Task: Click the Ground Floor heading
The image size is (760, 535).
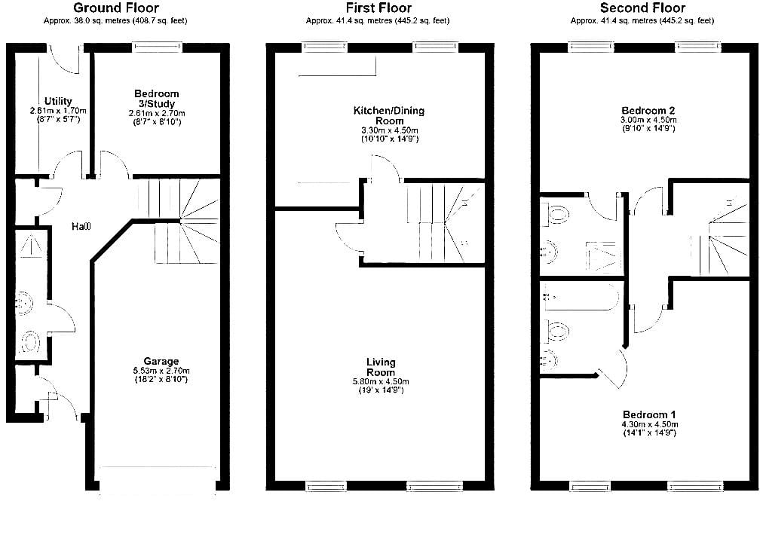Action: pos(115,8)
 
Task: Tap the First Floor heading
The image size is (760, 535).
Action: pos(378,8)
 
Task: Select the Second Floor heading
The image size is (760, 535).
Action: pos(642,8)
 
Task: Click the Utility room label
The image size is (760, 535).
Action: pos(58,101)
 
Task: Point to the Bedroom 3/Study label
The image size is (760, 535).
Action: pos(157,99)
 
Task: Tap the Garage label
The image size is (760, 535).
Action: pos(161,361)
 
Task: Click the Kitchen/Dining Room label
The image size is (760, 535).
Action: pos(389,115)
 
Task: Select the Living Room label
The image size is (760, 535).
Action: pos(381,367)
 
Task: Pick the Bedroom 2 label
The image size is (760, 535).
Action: pos(648,111)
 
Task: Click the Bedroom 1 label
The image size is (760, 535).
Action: pos(649,415)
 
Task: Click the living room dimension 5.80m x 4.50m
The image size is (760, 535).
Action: pos(381,381)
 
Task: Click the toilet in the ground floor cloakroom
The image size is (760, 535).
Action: pos(29,341)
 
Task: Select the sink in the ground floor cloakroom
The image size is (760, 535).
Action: pos(24,304)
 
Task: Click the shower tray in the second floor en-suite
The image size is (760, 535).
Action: pos(603,256)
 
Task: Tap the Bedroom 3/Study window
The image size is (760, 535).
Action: pos(158,47)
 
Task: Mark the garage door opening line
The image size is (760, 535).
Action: pos(158,467)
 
